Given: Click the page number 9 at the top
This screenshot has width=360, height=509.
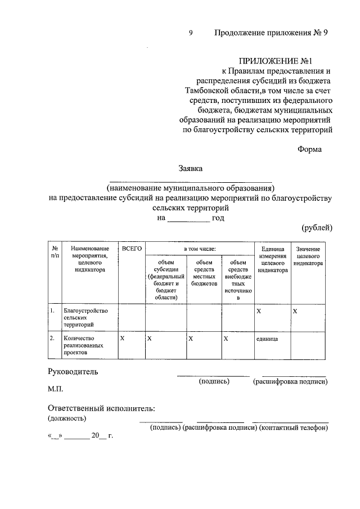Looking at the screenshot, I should click(191, 33).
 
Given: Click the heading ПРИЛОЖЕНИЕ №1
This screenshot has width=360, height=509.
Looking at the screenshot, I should click(276, 60).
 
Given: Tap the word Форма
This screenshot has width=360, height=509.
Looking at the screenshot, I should click(309, 150).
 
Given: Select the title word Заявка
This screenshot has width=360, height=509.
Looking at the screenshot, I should click(191, 168).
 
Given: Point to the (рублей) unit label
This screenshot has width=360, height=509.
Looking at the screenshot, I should click(317, 227).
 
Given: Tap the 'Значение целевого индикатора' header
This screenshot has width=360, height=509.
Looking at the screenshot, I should click(308, 256).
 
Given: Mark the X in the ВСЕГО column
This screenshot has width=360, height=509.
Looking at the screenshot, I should click(123, 339).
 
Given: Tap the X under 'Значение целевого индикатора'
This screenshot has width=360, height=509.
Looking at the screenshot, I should click(295, 311).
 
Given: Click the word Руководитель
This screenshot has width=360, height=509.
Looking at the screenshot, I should click(73, 371).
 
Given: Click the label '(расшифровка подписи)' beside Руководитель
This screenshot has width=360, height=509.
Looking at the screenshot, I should click(290, 381).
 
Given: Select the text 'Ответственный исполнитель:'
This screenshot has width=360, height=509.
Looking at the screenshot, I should click(101, 408).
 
